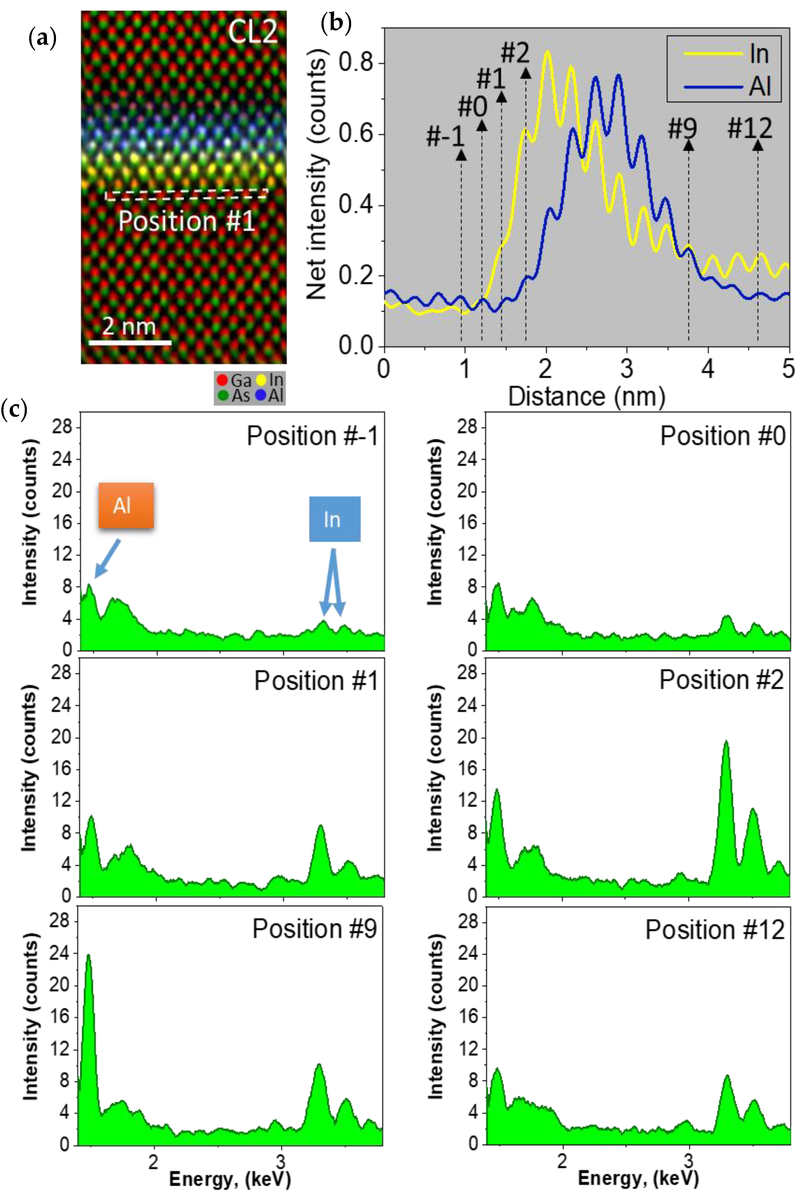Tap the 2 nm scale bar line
pyautogui.click(x=130, y=342)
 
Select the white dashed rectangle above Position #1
pyautogui.click(x=186, y=195)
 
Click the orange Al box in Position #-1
pyautogui.click(x=126, y=505)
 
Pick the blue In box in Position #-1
pyautogui.click(x=335, y=519)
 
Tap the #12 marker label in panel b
pyautogui.click(x=749, y=128)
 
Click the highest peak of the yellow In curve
pyautogui.click(x=547, y=52)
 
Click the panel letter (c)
pyautogui.click(x=14, y=409)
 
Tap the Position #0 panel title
pyautogui.click(x=722, y=436)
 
